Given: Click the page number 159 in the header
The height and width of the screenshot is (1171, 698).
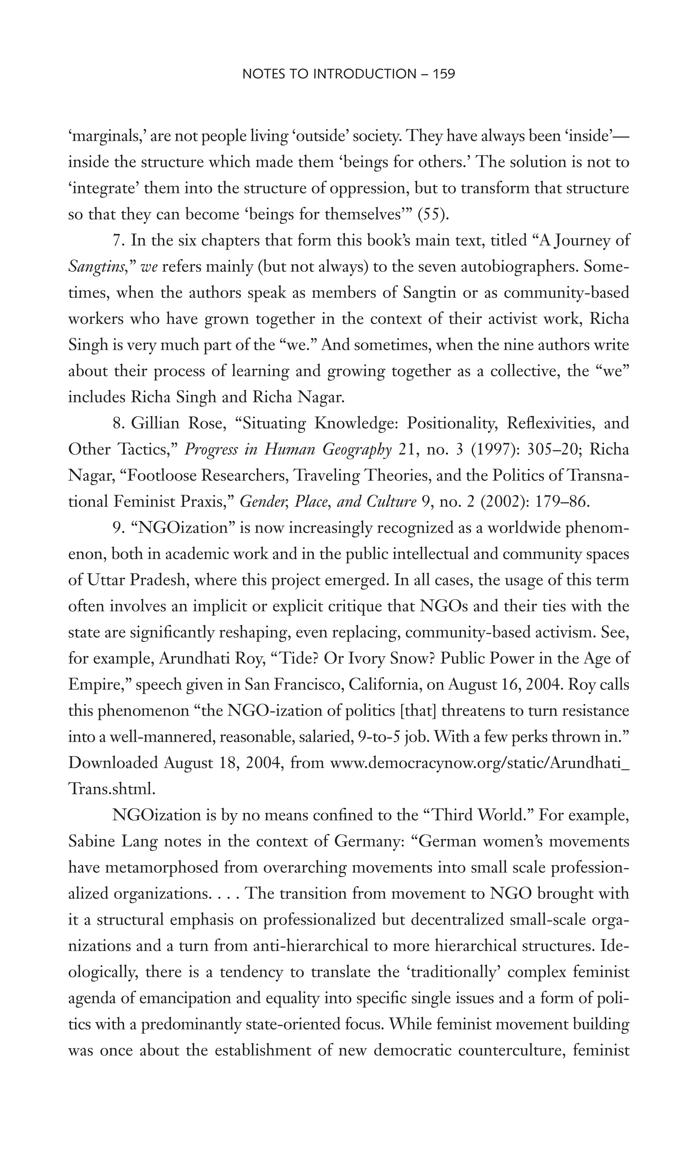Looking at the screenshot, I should pos(443,74).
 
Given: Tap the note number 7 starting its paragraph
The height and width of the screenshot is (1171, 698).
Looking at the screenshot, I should pos(117,240).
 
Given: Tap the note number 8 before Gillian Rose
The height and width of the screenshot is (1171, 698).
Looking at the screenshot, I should pos(117,423).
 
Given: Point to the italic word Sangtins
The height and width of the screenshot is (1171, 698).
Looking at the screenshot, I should pos(97,267).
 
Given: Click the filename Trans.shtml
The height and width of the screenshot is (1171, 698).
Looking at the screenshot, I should pos(111,789).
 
